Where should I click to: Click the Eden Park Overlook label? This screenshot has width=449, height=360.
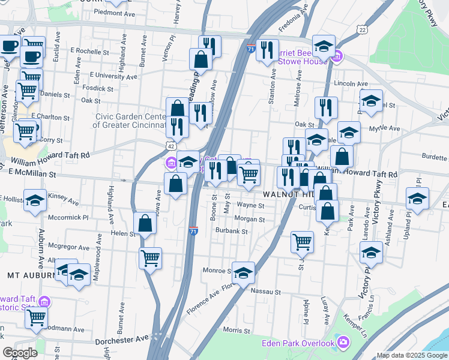(297, 343)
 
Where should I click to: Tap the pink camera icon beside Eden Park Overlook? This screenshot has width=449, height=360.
(343, 343)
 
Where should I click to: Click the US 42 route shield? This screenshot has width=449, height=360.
(171, 146)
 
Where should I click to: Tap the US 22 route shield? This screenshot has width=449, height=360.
(361, 29)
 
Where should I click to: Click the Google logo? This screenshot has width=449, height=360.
(20, 353)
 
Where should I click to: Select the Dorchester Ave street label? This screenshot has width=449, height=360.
(121, 340)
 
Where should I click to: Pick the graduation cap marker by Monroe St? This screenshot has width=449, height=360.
(243, 272)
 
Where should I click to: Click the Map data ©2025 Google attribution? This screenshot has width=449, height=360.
(412, 355)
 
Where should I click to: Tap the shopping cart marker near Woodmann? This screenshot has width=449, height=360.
(36, 317)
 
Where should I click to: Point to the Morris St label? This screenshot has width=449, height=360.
(235, 331)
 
